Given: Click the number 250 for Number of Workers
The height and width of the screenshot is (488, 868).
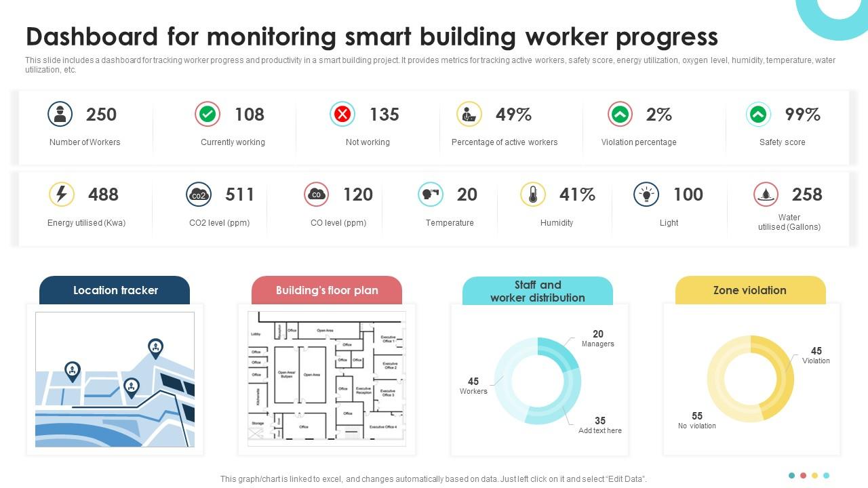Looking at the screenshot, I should [x=101, y=115].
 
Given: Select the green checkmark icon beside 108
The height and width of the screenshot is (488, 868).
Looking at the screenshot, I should [x=208, y=115].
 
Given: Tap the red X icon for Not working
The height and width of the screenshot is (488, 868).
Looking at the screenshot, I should [x=342, y=115].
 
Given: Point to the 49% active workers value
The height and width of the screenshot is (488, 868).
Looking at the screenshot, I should [x=513, y=115].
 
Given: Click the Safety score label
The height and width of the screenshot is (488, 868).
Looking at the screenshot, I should [x=782, y=142].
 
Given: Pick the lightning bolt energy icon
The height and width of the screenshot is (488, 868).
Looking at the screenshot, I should [x=62, y=195].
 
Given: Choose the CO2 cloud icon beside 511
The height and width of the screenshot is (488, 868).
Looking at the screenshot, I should [x=199, y=195].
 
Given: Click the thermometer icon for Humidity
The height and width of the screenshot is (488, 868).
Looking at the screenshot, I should [x=533, y=195].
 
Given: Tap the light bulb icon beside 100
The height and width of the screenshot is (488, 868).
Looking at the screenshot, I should [x=646, y=195].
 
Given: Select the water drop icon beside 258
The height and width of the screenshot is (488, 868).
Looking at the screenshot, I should [x=766, y=195].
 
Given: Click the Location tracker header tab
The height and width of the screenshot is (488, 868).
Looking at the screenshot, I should [x=115, y=290].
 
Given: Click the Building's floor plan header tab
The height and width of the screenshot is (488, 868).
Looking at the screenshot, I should [x=326, y=290].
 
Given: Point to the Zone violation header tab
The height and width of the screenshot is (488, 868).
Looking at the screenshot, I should [x=750, y=290].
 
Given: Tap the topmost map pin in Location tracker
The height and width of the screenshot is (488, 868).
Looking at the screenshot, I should [x=155, y=348].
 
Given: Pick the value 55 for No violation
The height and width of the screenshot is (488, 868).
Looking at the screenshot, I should [x=697, y=415].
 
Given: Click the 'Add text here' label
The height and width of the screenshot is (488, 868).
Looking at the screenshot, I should [x=599, y=430].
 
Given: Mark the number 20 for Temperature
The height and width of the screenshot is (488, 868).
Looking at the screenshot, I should [x=467, y=195].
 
